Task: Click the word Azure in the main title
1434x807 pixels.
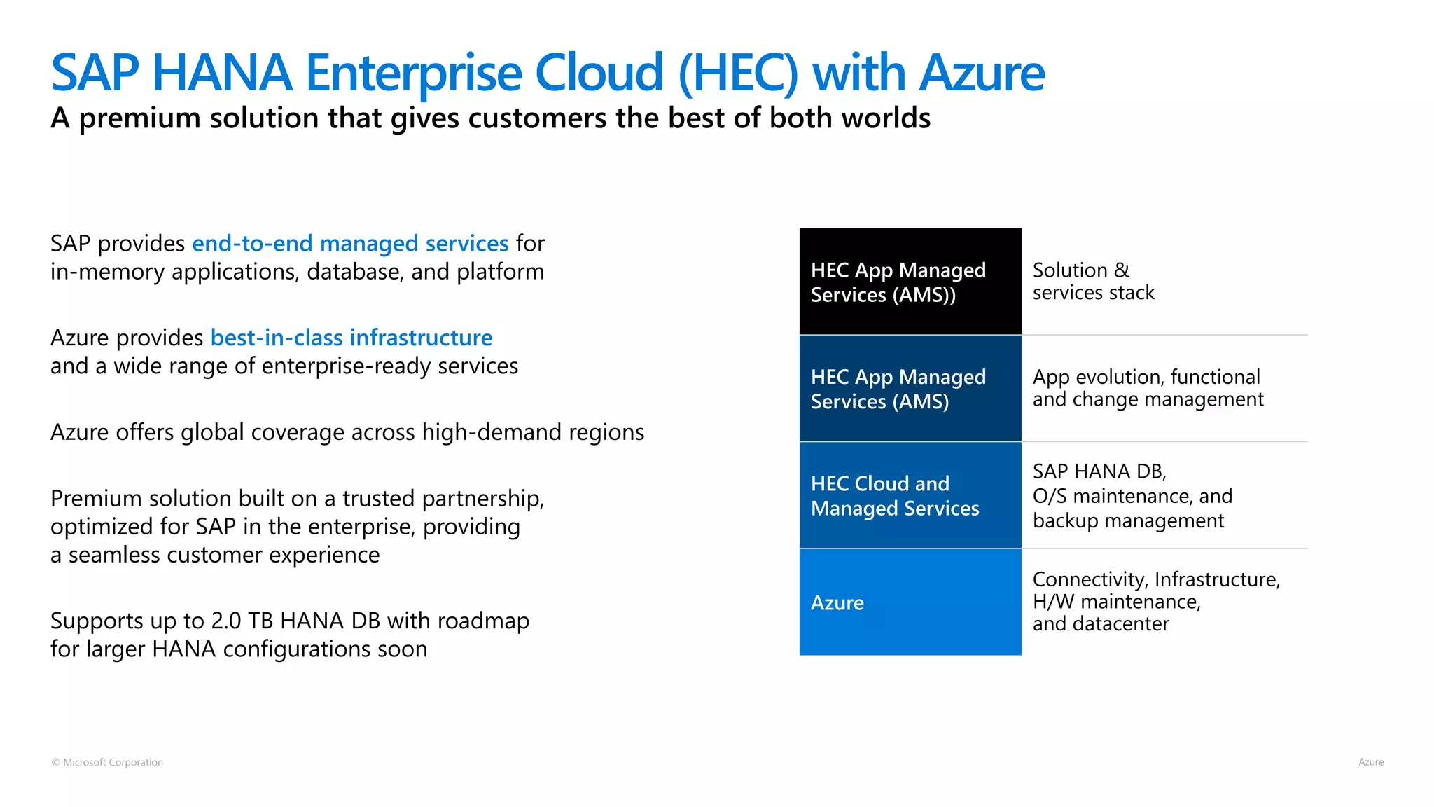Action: pos(982,73)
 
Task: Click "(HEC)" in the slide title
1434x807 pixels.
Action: pos(738,73)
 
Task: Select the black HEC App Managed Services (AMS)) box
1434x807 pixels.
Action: pos(910,282)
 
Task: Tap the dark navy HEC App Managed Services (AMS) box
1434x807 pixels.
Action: pos(910,389)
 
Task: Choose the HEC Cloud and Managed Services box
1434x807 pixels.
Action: pos(910,495)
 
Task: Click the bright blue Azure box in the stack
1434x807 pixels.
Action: pos(910,602)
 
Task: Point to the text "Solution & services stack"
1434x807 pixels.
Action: pos(1093,282)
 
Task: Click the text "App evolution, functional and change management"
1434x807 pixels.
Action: pos(1148,388)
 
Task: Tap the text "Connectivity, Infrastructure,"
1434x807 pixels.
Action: pos(1156,579)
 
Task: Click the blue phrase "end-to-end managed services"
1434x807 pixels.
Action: pos(350,244)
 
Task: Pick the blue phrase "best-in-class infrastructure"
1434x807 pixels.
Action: pos(351,338)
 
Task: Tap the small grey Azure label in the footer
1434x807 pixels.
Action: pos(1370,762)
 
